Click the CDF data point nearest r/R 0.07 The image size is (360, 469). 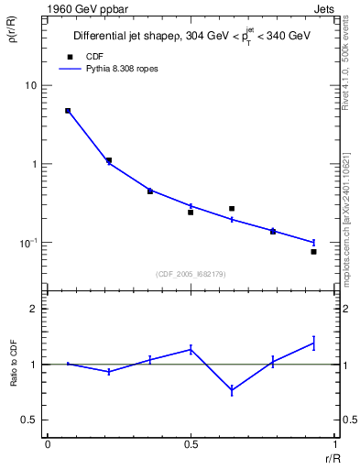(x=68, y=111)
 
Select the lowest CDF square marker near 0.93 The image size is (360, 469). (x=313, y=251)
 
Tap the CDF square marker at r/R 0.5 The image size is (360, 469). (x=191, y=213)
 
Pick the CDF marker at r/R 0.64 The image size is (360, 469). (x=232, y=209)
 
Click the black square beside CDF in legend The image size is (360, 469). (x=68, y=57)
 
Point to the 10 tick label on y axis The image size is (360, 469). (x=30, y=85)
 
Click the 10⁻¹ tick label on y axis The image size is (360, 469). (x=28, y=243)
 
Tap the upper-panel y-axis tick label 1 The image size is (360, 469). (x=33, y=164)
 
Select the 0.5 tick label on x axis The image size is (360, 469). (x=191, y=444)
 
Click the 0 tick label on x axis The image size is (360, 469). (x=48, y=444)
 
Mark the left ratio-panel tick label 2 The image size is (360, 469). (x=33, y=309)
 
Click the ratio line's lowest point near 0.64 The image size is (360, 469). (x=232, y=390)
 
